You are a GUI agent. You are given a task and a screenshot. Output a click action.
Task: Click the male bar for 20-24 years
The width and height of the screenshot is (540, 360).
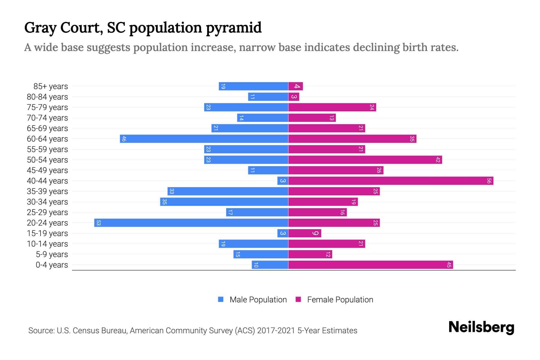[191, 223]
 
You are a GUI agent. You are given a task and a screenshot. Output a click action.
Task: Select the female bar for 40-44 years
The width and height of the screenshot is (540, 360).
[391, 181]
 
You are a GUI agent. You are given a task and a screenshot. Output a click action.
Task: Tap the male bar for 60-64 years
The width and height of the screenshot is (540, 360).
[204, 139]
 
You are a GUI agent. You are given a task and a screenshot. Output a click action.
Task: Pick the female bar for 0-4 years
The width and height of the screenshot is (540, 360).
[370, 265]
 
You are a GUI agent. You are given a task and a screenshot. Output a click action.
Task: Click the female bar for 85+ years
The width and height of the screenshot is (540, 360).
[295, 86]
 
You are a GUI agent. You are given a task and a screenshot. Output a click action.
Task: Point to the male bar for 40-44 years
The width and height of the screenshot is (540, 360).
[283, 181]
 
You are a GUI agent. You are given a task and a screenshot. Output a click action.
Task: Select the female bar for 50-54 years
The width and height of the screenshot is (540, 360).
[365, 160]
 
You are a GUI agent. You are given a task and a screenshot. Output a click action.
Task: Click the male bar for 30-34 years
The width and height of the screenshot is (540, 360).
[224, 202]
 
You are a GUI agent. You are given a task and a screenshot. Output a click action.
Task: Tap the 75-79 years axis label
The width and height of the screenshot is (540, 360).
[47, 107]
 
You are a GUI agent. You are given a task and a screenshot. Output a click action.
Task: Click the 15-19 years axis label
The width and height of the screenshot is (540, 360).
[47, 233]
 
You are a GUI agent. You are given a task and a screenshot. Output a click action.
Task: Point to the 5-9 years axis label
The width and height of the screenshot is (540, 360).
[52, 254]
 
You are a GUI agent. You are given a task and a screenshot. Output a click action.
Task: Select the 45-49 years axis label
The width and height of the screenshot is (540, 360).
[47, 170]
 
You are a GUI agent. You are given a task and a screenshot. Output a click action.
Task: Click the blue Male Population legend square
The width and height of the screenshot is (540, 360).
[221, 299]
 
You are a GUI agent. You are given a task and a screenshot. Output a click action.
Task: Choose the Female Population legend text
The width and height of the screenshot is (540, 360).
[340, 300]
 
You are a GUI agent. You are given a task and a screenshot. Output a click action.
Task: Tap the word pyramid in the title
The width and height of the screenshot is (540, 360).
[234, 28]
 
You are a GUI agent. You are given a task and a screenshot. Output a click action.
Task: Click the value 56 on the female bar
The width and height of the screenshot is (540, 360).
[489, 181]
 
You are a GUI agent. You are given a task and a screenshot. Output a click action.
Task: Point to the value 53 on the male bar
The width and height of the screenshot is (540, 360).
[98, 223]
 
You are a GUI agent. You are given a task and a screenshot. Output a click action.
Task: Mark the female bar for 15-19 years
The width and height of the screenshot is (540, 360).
[304, 233]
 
